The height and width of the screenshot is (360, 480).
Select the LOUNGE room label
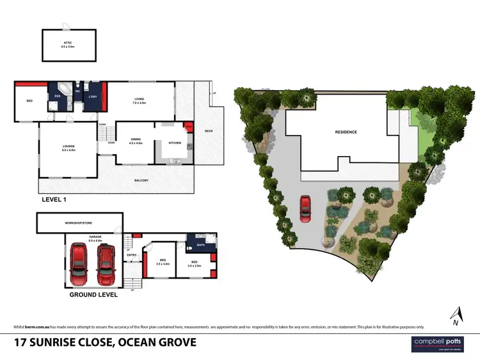coord(68,148)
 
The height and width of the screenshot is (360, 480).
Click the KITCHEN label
coord(174,143)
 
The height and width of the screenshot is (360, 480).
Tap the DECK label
coord(209,130)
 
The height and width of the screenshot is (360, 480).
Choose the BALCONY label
coord(141,181)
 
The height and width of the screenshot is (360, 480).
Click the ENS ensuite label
coord(56,97)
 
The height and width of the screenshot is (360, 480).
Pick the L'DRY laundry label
coord(93,97)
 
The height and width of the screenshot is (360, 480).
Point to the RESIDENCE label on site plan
coord(346,132)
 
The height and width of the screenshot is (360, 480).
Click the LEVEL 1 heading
coord(54,200)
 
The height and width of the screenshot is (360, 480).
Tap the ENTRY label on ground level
coord(132,255)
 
